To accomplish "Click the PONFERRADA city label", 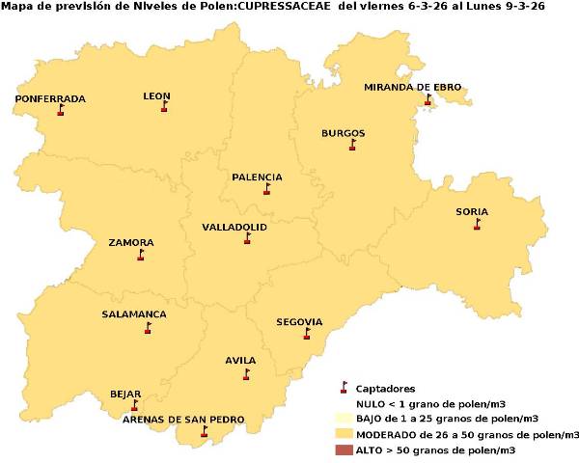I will (x=50, y=98).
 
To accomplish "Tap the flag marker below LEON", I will (x=164, y=107).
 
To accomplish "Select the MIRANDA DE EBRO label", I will (x=412, y=87).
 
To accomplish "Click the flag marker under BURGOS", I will (x=352, y=145).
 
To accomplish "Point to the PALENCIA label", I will (x=257, y=177).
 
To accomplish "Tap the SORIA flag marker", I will (x=477, y=224).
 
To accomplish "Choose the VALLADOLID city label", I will (x=234, y=228).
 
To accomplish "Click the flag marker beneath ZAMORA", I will (x=141, y=256).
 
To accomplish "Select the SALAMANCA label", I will (x=134, y=314).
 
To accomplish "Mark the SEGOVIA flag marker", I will (x=307, y=333).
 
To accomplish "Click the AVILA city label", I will (x=240, y=361).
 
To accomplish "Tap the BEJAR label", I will (x=125, y=394).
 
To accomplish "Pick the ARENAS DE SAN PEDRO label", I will (x=182, y=420).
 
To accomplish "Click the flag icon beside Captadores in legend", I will (x=343, y=388).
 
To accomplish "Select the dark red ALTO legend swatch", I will (x=343, y=450).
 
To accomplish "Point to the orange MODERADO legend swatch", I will (x=343, y=435).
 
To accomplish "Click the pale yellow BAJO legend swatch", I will (x=343, y=419).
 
